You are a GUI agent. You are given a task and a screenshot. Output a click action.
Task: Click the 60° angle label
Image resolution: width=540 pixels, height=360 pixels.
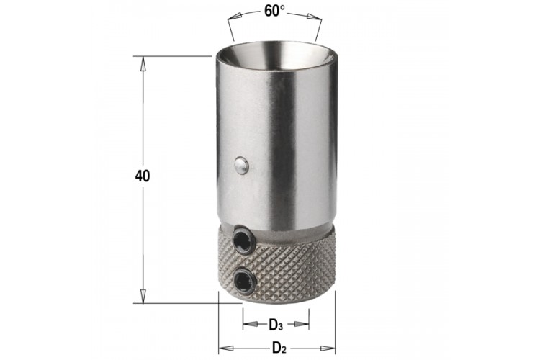click(x=275, y=11)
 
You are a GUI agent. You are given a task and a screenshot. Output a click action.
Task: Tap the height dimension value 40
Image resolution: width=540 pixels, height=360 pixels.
click(x=143, y=176)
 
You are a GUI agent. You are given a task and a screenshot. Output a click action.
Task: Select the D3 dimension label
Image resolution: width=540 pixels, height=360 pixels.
click(x=276, y=325)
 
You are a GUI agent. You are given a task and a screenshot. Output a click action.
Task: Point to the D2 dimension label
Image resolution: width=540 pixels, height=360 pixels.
click(x=279, y=348)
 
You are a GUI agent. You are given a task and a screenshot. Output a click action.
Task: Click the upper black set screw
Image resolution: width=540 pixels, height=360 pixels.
click(x=243, y=239)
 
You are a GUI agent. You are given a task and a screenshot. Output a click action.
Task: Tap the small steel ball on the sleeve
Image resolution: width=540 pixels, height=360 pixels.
click(x=241, y=166)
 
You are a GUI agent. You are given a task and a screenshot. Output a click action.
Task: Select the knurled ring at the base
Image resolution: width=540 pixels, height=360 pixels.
click(x=277, y=265)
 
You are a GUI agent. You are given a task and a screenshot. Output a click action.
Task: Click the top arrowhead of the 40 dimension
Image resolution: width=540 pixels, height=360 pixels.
click(x=143, y=64)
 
